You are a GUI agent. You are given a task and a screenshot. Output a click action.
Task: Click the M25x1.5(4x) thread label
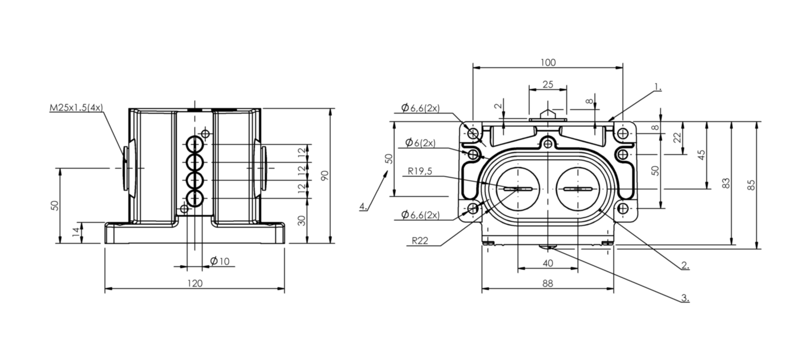pos(76,108)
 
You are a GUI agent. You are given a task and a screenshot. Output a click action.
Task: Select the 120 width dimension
pos(194,284)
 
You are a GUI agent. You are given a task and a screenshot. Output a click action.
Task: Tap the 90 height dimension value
pos(324,176)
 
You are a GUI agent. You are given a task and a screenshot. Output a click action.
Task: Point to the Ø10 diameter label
pos(220,261)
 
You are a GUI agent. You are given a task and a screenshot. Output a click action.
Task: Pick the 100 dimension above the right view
pos(547,63)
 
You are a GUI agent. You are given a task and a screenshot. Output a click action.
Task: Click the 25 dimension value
pos(547,85)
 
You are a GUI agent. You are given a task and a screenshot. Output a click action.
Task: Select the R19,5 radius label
pos(420,171)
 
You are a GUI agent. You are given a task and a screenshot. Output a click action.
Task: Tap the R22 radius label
pos(420,241)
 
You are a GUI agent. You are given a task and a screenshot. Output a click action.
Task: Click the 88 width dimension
pos(547,284)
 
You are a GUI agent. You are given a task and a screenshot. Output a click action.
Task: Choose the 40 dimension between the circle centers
pos(547,264)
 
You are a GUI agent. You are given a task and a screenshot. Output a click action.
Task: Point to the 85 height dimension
pos(751,185)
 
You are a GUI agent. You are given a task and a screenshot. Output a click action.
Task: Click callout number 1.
pos(658,87)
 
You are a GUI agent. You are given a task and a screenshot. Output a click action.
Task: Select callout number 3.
pos(685,298)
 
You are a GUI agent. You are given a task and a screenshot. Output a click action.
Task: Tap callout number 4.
pos(363,207)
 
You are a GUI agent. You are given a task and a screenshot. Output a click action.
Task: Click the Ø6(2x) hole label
pos(420,143)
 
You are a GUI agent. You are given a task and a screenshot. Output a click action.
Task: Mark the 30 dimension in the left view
pos(302,221)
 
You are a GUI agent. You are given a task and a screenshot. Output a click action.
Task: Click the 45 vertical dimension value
pos(701,155)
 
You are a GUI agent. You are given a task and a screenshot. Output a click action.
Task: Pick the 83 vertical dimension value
pos(726,183)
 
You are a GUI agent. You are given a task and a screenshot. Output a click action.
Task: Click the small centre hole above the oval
pos(547,143)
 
